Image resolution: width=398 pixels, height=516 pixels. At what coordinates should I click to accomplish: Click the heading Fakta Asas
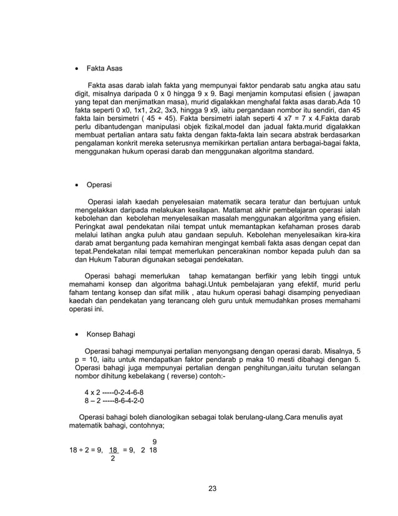pos(104,68)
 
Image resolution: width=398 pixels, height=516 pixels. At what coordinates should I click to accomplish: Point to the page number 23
pos(213,489)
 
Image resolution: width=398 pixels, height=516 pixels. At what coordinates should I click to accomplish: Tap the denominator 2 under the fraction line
pos(112,459)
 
